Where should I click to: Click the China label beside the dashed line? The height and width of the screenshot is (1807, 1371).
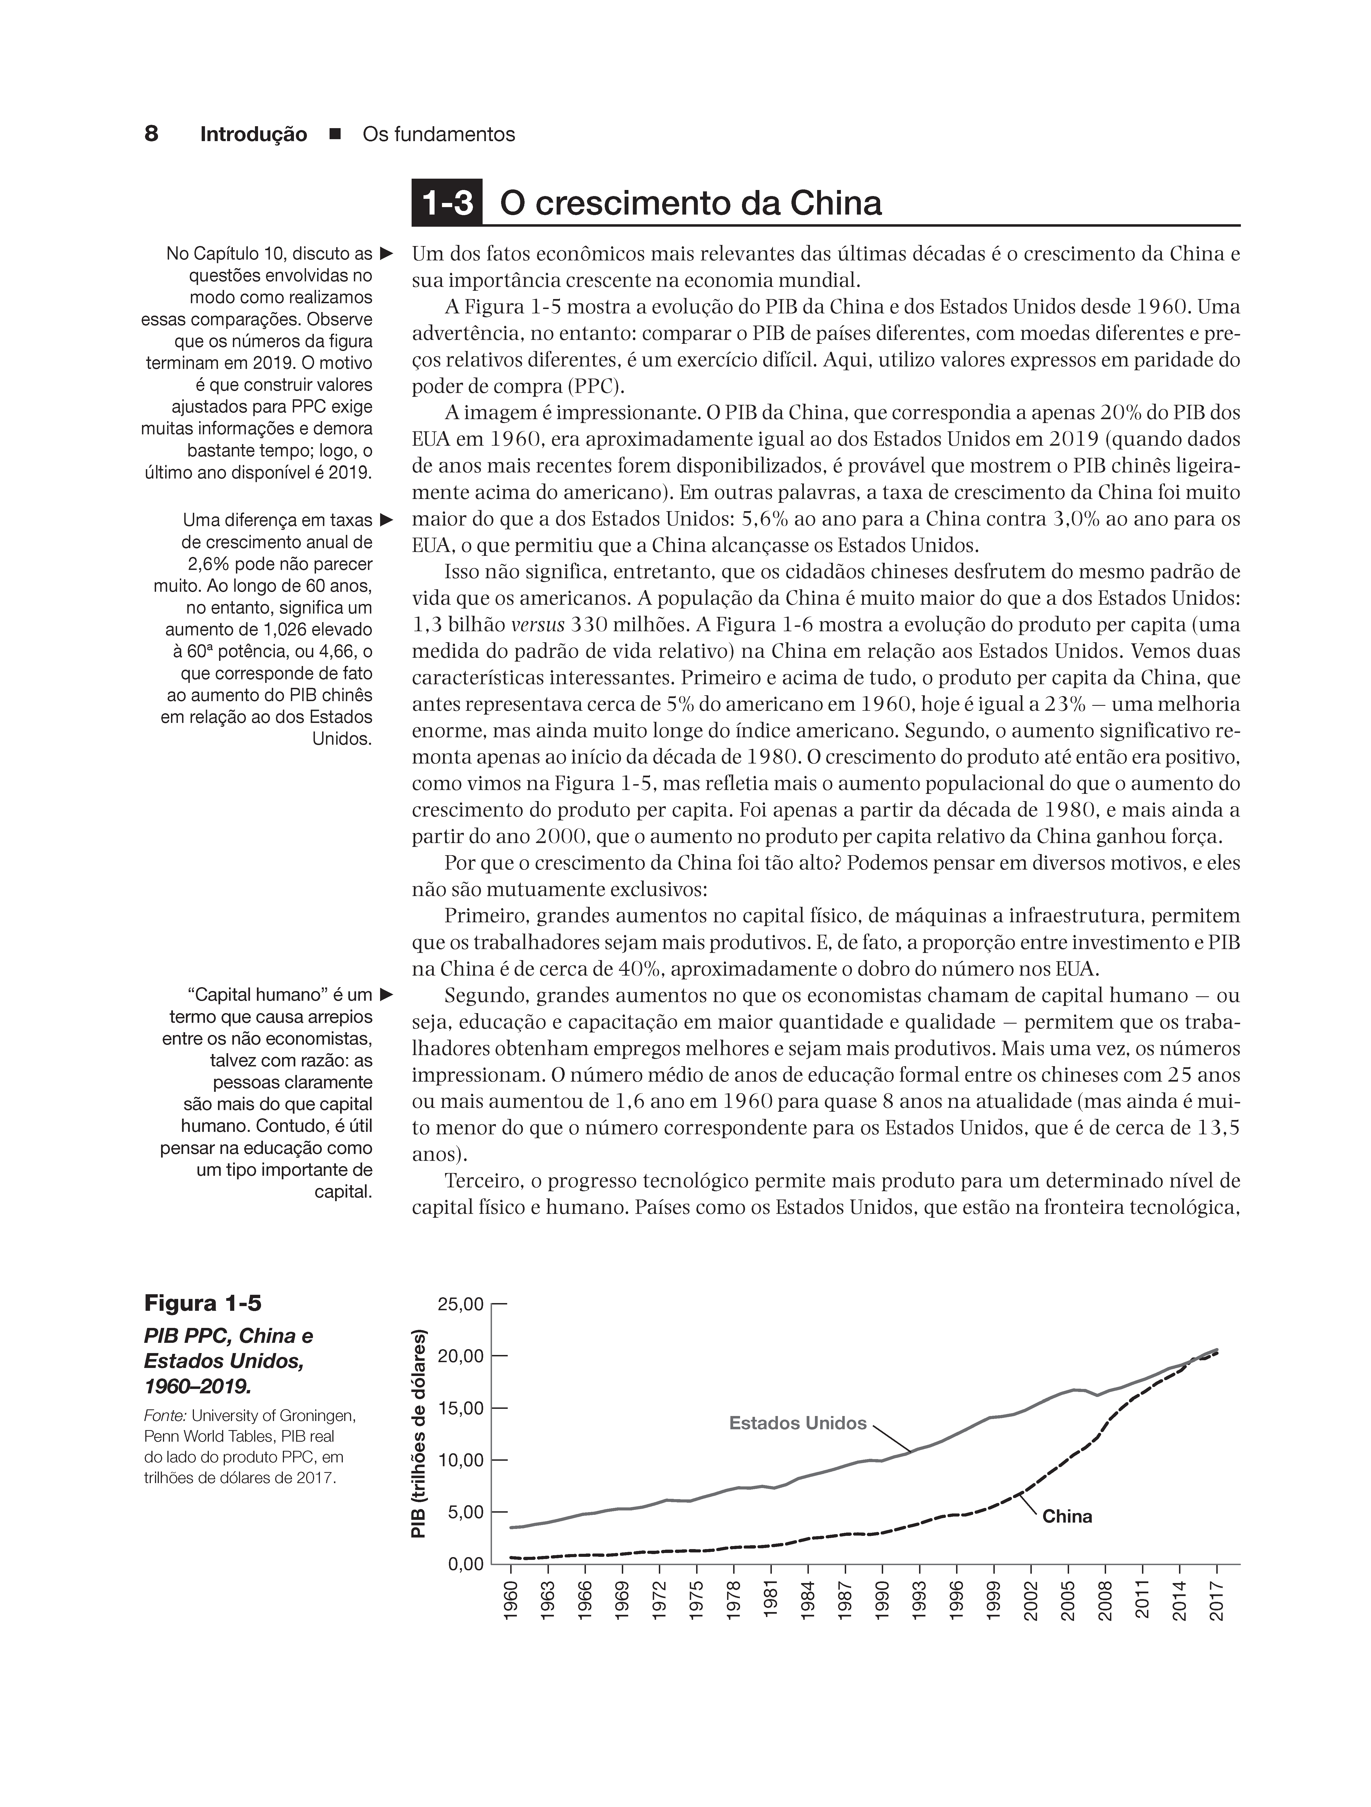click(1067, 1517)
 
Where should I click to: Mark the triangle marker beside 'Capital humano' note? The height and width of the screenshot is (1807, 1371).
click(386, 995)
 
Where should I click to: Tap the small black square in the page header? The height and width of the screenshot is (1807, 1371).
click(334, 135)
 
